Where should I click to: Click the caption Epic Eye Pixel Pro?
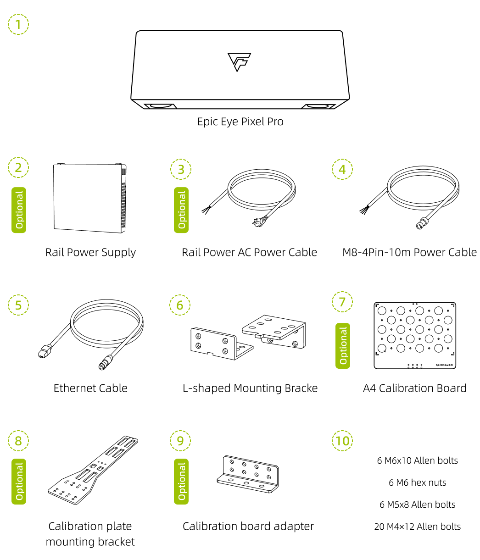[240, 122]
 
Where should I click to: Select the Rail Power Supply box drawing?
[89, 198]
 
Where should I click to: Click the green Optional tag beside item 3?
[181, 210]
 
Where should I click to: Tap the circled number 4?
[342, 169]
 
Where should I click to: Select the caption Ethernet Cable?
[90, 388]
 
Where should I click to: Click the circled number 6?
[180, 305]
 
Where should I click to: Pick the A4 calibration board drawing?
[414, 335]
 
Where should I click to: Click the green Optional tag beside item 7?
[343, 346]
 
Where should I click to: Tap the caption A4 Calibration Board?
[414, 388]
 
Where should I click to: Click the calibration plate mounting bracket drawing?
[93, 467]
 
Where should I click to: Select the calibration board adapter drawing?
[248, 474]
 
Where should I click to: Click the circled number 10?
[342, 441]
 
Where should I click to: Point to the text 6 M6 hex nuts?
[417, 482]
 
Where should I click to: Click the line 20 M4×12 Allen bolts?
[417, 527]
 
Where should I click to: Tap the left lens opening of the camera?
[161, 106]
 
